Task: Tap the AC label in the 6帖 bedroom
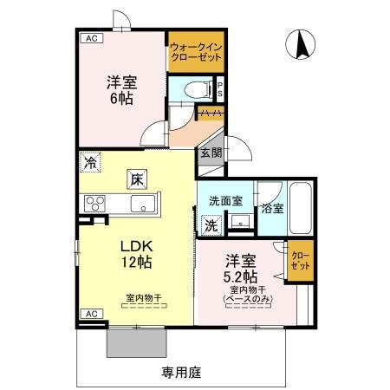coord(91,38)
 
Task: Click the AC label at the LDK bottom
coord(91,314)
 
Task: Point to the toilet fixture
coord(192,88)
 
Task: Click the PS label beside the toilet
coord(221,88)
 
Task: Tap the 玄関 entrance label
coord(211,153)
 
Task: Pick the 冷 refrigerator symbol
coord(92,162)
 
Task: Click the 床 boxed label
coord(137,179)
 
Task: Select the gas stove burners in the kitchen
coord(94,205)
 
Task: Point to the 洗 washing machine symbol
coord(211,224)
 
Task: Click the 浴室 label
coord(272,208)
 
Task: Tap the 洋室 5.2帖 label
coord(241,268)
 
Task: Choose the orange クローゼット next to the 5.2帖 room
coord(300,263)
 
